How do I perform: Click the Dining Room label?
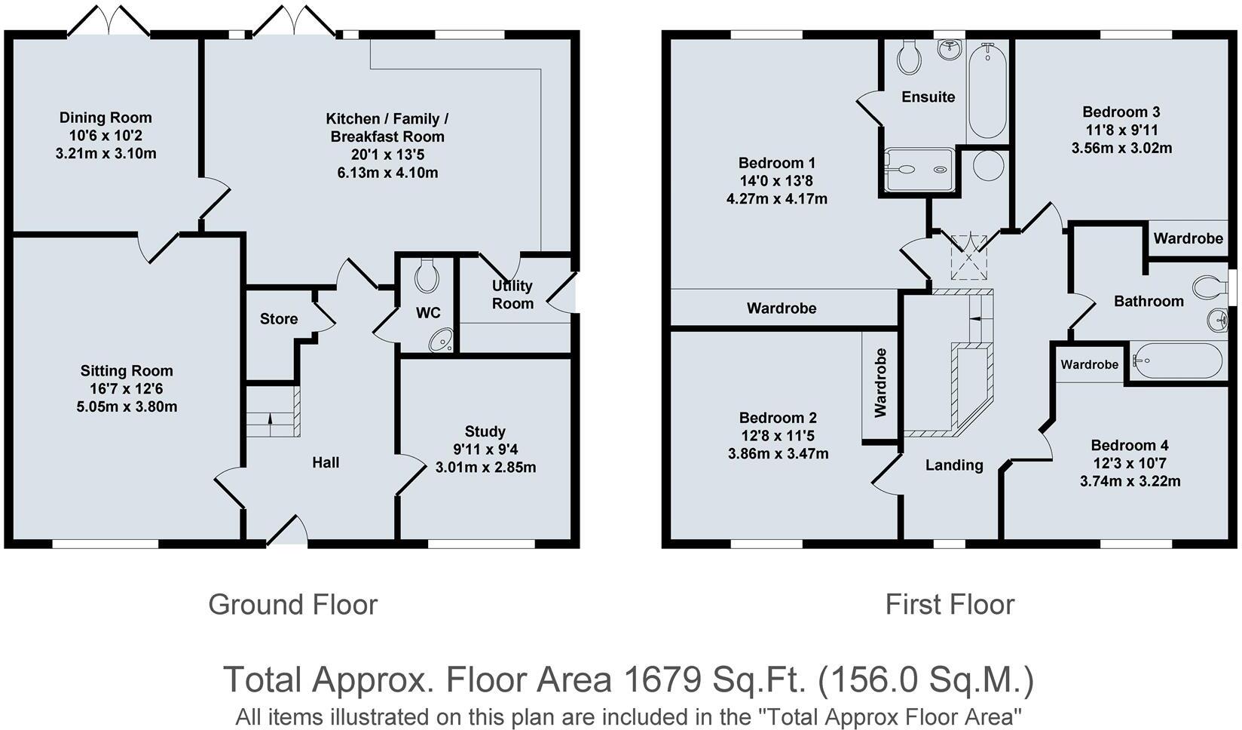106,118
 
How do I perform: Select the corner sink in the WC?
442,340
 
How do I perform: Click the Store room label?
279,319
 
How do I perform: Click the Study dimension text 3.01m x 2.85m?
485,468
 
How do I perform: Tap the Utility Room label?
512,295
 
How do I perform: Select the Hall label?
326,462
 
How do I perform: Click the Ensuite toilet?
909,57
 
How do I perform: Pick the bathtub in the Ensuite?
987,90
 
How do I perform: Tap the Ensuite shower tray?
919,169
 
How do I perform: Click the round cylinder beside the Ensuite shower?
988,165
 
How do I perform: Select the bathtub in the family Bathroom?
1176,361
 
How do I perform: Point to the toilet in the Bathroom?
1210,287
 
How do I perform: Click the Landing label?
954,465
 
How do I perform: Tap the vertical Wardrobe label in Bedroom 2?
880,383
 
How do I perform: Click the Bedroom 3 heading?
1121,112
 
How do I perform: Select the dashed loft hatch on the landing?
969,257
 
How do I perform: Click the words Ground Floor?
292,605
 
